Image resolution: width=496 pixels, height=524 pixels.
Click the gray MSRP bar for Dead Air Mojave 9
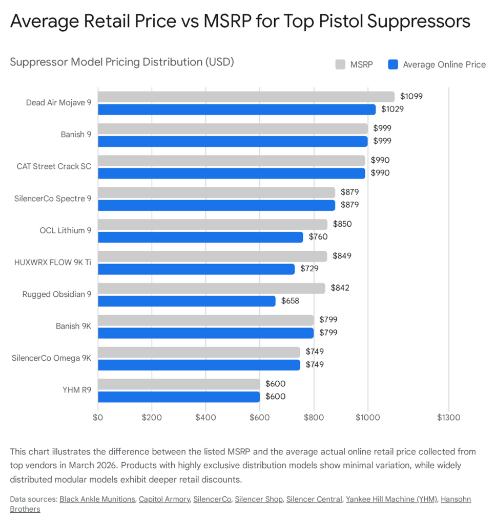coord(246,96)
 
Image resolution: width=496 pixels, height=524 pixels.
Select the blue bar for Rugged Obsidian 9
coord(187,301)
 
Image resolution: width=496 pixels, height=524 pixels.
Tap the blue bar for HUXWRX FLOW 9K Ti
coord(196,269)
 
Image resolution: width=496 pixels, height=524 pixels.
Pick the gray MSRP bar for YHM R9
coord(179,384)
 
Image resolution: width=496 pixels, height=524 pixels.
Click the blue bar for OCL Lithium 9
coord(200,237)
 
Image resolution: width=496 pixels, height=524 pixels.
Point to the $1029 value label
coord(391,109)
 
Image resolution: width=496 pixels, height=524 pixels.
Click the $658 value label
coord(290,301)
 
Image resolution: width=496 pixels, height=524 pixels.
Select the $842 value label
coord(340,288)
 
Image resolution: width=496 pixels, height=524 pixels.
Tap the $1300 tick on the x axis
coord(449,417)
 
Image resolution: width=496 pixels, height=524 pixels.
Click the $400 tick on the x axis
coord(205,417)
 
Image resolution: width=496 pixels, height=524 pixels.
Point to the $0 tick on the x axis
coord(98,417)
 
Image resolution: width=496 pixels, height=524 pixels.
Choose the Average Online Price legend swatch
coord(393,64)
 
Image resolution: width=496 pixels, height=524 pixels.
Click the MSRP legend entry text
coord(362,64)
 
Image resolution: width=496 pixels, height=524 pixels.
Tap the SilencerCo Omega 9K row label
coord(51,358)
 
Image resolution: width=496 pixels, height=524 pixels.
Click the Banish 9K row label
coord(73,326)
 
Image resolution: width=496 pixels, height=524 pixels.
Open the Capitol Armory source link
coord(163,499)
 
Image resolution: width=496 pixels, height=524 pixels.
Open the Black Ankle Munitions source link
coord(97,499)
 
